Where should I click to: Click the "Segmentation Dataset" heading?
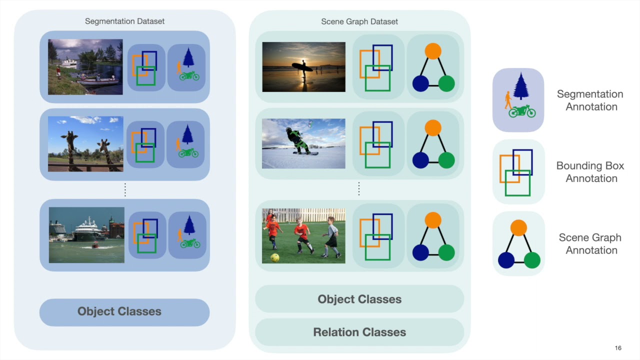pos(124,21)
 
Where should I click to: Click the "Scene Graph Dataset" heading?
pos(359,21)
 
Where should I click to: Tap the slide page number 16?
pos(618,348)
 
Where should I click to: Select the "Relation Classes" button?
pos(359,332)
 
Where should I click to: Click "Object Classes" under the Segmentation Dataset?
pos(119,311)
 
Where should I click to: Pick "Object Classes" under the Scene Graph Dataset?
pos(359,299)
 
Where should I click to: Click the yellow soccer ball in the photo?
pos(274,257)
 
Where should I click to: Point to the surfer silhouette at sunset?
pos(303,71)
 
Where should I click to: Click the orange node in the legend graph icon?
pos(519,228)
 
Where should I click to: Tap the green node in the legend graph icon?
pos(532,260)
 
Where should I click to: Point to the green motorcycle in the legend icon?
pos(522,111)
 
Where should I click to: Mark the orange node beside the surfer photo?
pos(433,51)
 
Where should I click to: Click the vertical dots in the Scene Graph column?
pos(359,188)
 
